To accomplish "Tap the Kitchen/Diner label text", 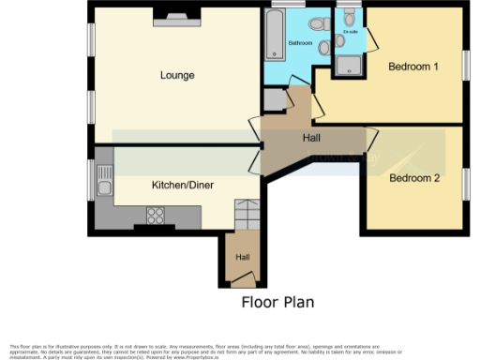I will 183,185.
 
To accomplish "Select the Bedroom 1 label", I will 413,67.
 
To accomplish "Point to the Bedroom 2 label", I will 414,177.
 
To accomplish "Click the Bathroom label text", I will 299,43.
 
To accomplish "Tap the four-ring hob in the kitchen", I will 155,216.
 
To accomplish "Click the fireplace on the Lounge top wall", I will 176,14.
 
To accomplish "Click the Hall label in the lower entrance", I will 242,257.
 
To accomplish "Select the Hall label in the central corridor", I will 312,138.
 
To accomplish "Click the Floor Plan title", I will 277,302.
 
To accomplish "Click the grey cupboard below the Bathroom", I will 275,100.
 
